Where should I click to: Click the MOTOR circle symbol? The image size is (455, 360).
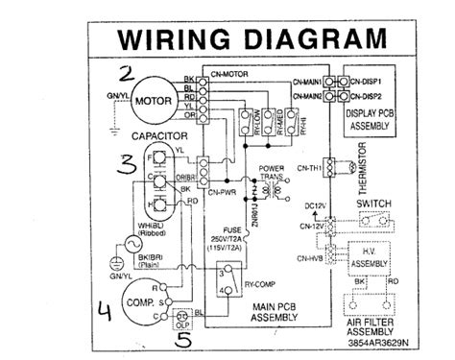pos(151,100)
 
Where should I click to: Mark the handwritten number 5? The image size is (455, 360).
pos(183,338)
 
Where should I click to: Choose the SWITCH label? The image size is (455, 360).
pos(372,204)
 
